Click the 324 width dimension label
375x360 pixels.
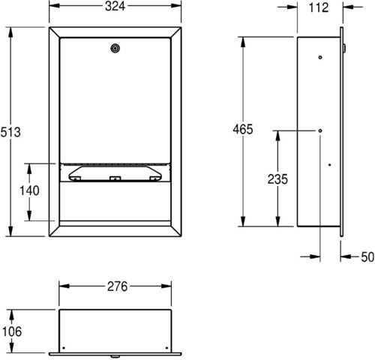115,6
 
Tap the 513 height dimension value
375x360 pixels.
10,132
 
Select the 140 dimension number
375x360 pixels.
29,190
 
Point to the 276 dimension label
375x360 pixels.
117,286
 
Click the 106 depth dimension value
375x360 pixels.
12,331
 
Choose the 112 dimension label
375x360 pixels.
319,7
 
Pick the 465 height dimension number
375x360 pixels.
243,129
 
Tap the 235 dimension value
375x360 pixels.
277,179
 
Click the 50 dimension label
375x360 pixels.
367,257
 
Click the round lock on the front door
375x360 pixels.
115,48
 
